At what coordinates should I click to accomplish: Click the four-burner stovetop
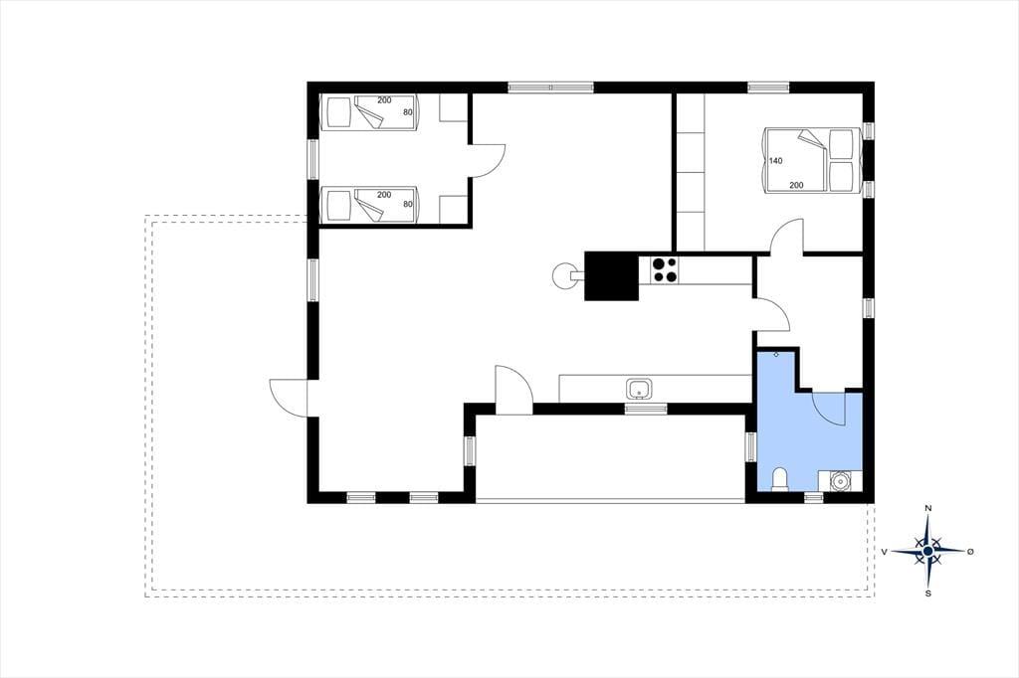(664, 270)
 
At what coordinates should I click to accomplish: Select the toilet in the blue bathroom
(779, 479)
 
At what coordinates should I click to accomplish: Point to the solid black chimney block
(611, 276)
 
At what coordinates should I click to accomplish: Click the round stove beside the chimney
(565, 276)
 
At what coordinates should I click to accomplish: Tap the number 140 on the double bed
(776, 161)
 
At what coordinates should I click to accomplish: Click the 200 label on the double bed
(796, 185)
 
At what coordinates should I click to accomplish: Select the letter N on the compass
(928, 509)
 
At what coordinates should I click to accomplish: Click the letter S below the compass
(928, 593)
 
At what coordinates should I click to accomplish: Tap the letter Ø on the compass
(970, 552)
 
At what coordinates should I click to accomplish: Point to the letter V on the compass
(885, 552)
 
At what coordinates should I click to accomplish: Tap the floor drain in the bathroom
(776, 355)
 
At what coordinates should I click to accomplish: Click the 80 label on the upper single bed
(408, 112)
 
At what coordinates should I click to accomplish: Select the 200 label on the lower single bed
(384, 195)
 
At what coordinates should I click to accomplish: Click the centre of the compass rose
(928, 552)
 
